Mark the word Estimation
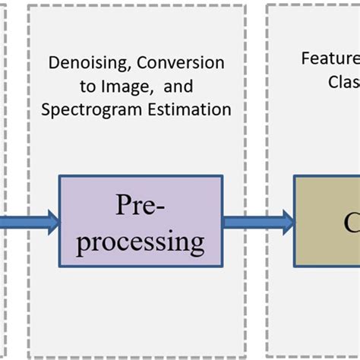[x=191, y=109]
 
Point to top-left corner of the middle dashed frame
[x=28, y=6]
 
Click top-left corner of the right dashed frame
[x=267, y=6]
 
